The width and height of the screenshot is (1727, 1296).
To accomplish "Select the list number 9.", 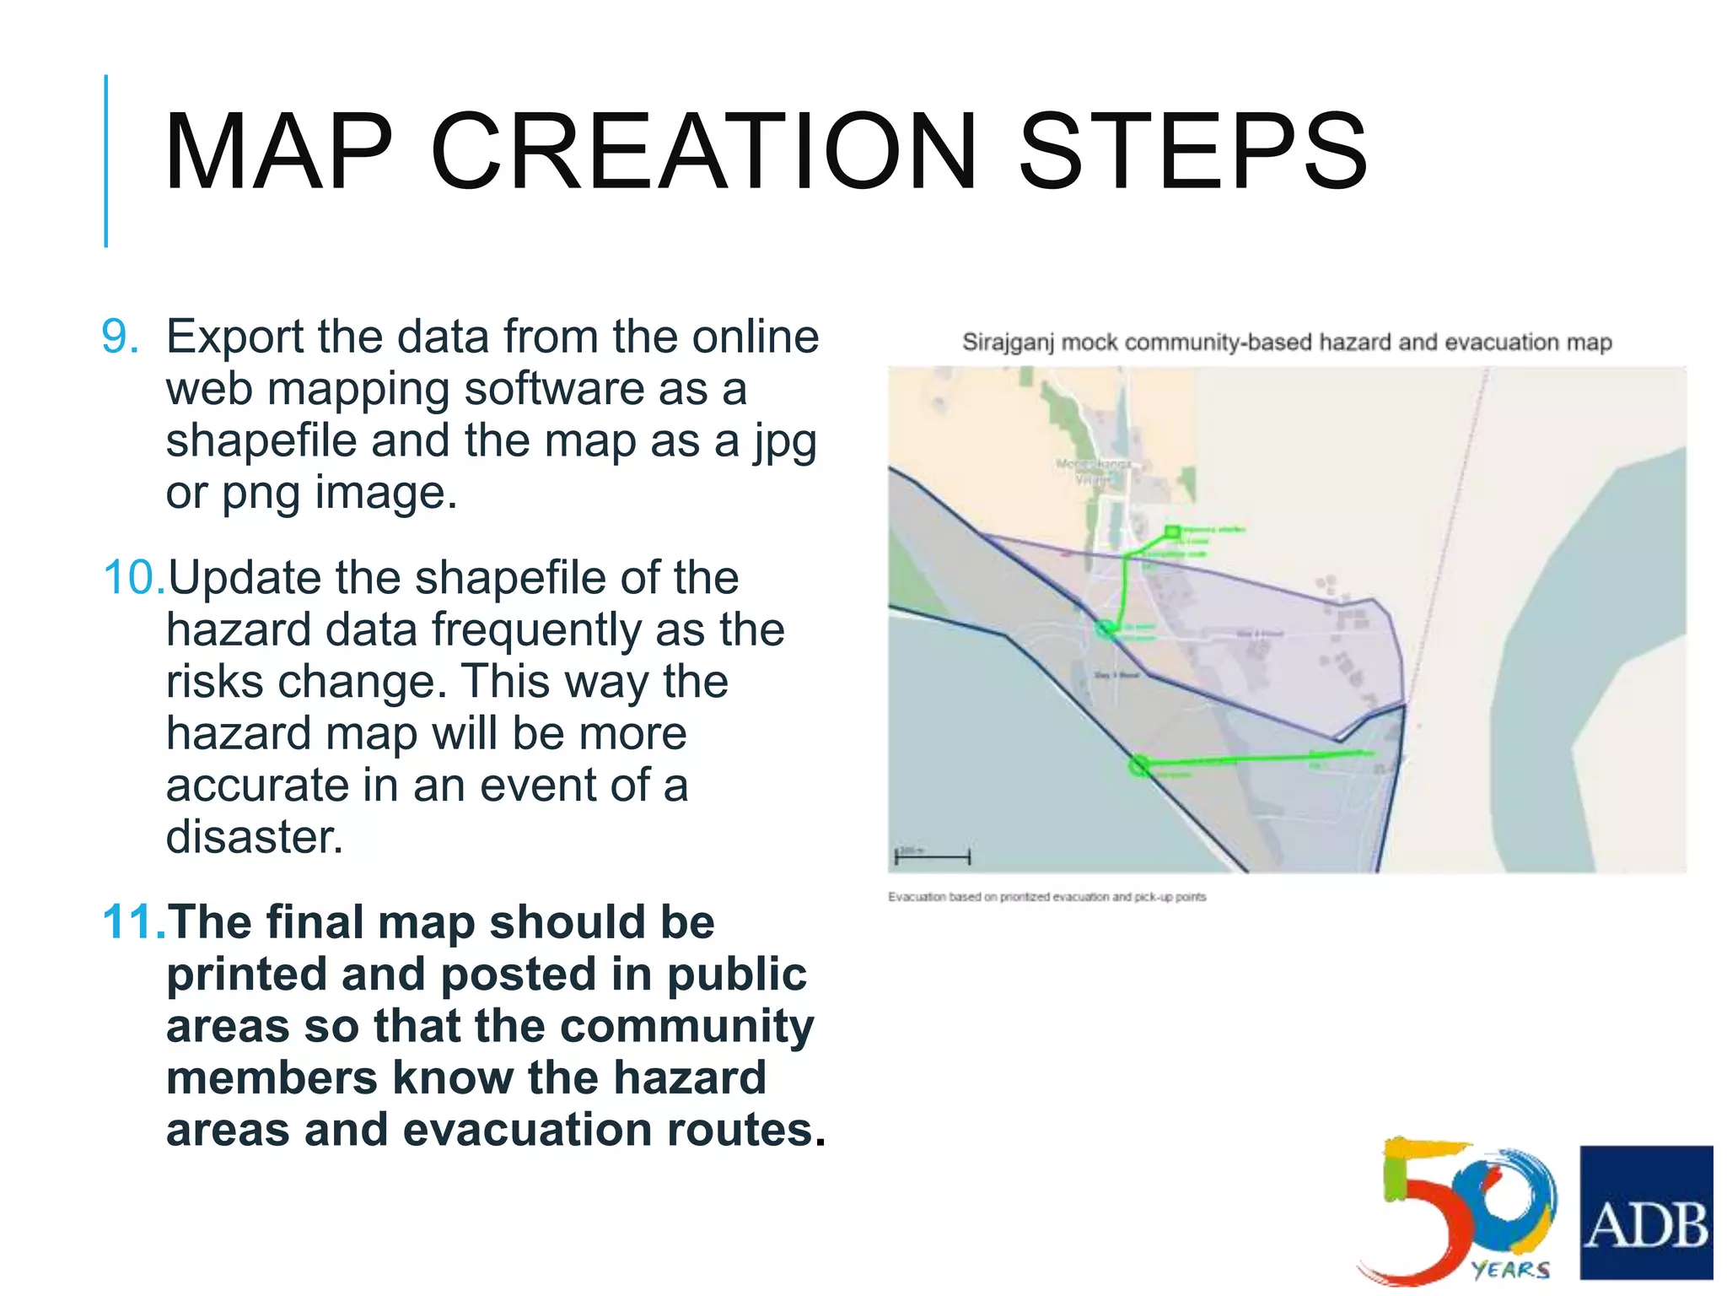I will [120, 337].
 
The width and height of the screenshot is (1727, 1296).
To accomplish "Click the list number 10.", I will [133, 578].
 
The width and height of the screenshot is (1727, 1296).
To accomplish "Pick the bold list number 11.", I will [133, 922].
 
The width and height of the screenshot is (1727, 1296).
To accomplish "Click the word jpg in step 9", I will [784, 442].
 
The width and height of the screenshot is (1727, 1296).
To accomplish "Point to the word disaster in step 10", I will [254, 837].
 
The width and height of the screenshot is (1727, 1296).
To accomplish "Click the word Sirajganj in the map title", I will [1009, 343].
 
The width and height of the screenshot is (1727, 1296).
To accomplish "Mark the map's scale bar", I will [933, 856].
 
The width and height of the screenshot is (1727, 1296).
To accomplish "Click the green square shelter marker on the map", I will [1171, 531].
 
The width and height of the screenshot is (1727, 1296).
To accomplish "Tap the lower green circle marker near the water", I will [1138, 765].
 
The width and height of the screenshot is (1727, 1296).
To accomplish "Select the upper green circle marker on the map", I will [1105, 628].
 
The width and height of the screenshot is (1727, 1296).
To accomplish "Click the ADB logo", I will [1645, 1212].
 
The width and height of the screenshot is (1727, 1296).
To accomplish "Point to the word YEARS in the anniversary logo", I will [1510, 1269].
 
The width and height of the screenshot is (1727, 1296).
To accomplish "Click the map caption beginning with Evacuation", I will [1046, 897].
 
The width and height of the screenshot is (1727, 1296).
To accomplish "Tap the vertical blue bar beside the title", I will [106, 160].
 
